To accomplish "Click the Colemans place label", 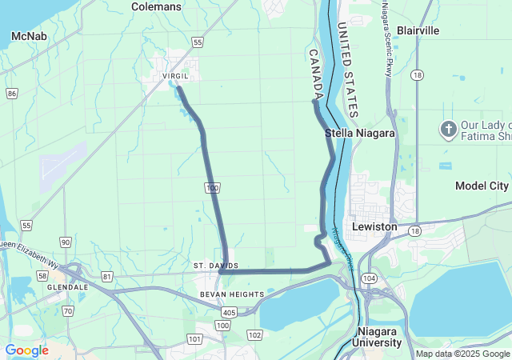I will pyautogui.click(x=156, y=6).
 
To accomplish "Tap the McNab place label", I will pyautogui.click(x=28, y=36).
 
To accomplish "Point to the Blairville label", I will pyautogui.click(x=418, y=30).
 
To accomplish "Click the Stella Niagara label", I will pyautogui.click(x=360, y=134).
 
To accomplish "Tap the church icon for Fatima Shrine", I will pyautogui.click(x=448, y=129).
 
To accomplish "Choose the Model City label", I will pyautogui.click(x=482, y=186).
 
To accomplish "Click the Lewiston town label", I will pyautogui.click(x=374, y=226).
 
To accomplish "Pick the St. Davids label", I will pyautogui.click(x=215, y=265).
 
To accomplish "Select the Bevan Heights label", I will pyautogui.click(x=232, y=294).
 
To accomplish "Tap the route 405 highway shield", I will pyautogui.click(x=230, y=312).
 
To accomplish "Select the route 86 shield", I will pyautogui.click(x=11, y=94).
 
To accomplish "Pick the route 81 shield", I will pyautogui.click(x=107, y=277).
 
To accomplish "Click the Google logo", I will pyautogui.click(x=26, y=350).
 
